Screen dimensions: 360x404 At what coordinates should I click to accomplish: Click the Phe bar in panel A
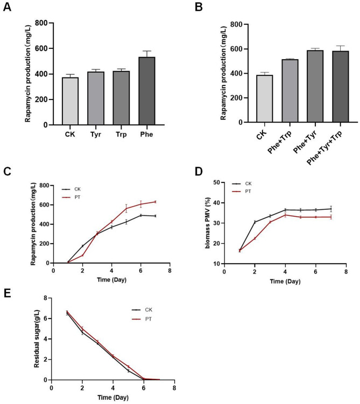pos(147,91)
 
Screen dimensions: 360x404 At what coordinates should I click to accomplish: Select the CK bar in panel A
pos(70,101)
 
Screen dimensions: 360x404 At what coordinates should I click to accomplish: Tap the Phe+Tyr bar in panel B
pos(315,86)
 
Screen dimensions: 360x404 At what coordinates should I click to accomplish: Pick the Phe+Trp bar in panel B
pos(290,91)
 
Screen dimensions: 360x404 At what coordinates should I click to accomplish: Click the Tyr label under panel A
pos(96,134)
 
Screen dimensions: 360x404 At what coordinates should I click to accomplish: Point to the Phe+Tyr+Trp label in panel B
pos(324,148)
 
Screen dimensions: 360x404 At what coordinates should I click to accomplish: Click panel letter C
pos(7,172)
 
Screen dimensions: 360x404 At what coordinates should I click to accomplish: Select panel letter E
pos(7,293)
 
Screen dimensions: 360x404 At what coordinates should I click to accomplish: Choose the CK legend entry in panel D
pos(242,183)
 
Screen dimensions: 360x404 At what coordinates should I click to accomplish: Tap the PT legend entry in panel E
pos(142,319)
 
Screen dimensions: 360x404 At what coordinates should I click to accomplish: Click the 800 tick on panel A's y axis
pos(41,23)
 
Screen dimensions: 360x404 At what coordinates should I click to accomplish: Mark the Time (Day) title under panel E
pos(113,398)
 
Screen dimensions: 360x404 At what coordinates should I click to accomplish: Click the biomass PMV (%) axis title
pos(208,223)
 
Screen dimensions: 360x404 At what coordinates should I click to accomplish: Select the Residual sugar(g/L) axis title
pos(37,338)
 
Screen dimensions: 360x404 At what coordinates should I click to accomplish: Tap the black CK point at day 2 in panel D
pos(255,222)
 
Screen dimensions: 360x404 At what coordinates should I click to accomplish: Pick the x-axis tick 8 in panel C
pos(170,271)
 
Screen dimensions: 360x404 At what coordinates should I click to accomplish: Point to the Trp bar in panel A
pos(121,98)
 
